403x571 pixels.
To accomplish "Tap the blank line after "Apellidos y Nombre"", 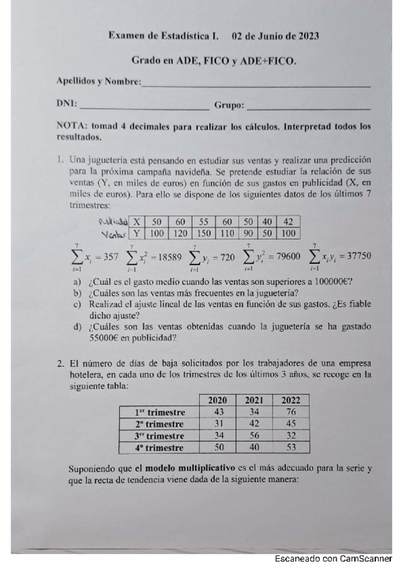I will [256, 85].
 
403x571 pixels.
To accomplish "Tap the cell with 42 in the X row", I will [289, 222].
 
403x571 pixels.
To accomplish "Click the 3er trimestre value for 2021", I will [254, 436].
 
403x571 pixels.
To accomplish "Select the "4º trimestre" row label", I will [159, 447].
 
